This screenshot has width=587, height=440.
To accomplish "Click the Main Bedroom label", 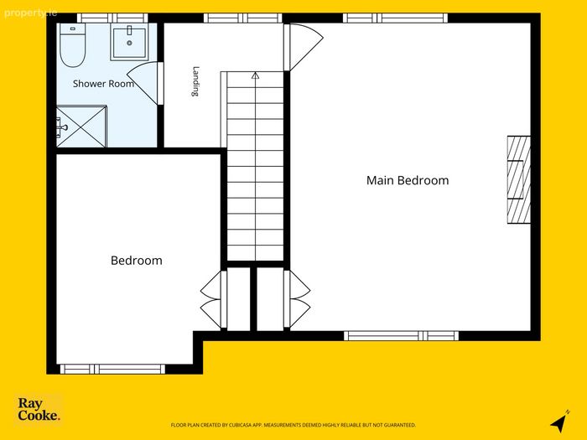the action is point(408,180).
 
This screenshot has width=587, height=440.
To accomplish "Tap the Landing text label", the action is point(195,81).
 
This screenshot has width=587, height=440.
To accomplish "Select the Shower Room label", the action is point(103,84).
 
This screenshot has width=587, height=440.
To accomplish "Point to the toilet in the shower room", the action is point(73,45).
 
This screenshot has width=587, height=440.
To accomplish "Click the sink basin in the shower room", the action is point(129,42).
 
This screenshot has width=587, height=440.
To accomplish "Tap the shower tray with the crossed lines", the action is point(81,127).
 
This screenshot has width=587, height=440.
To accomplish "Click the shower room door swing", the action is point(145,83).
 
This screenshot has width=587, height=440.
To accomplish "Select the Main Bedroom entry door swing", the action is point(304,47).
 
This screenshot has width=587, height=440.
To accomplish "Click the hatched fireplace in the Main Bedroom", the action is point(518,179).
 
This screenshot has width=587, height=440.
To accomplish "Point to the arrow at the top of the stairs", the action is point(255,75).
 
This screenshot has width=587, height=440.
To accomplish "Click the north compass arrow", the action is point(559,422).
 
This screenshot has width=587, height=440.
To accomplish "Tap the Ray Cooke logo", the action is point(39,409).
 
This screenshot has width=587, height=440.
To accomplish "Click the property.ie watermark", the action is point(30,13).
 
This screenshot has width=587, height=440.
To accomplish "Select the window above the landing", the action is point(242,18).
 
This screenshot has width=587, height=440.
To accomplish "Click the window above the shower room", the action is point(112,18).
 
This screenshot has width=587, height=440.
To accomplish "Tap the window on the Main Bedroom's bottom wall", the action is point(401,335).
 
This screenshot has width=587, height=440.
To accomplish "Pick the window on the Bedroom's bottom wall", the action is point(112,369).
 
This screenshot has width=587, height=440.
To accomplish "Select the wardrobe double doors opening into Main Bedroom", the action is point(297,299).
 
